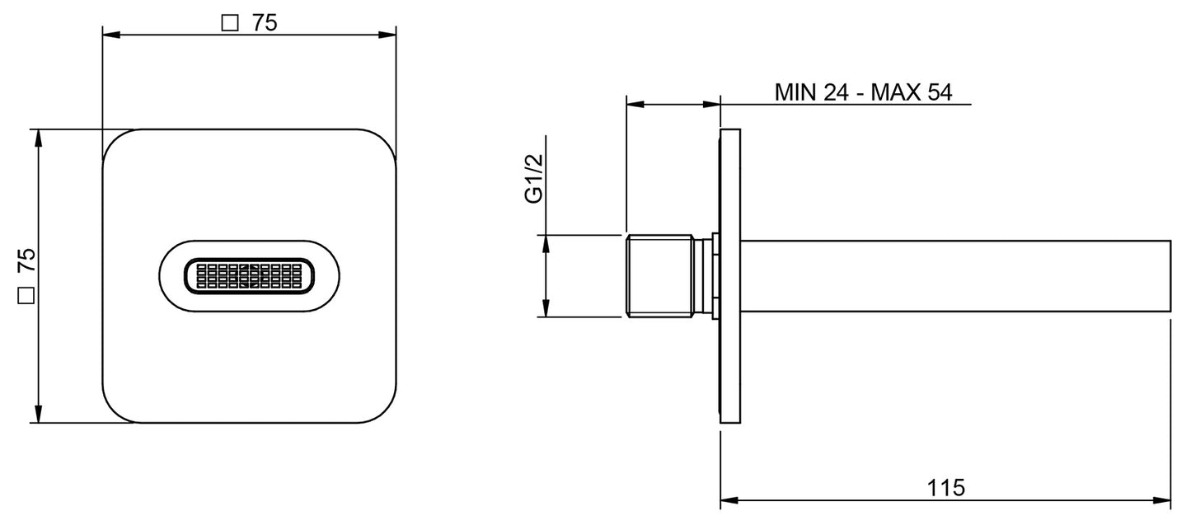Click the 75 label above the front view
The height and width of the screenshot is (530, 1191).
pos(265,23)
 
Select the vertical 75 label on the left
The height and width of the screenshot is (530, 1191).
pos(26,261)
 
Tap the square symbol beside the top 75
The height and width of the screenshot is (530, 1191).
pos(232,24)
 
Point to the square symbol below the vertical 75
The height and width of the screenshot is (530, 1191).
pos(26,295)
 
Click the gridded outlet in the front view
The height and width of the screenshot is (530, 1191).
pos(249,277)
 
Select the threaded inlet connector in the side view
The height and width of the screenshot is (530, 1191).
pos(659,276)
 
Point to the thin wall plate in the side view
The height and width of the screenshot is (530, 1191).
pos(730,276)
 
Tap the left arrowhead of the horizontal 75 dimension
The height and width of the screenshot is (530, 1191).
pos(110,35)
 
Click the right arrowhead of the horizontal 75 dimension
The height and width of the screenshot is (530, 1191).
pos(388,35)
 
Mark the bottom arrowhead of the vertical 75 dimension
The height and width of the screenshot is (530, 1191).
pos(36,415)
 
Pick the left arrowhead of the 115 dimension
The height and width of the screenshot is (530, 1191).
pos(729,500)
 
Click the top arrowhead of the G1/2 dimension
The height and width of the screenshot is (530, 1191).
pos(546,243)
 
